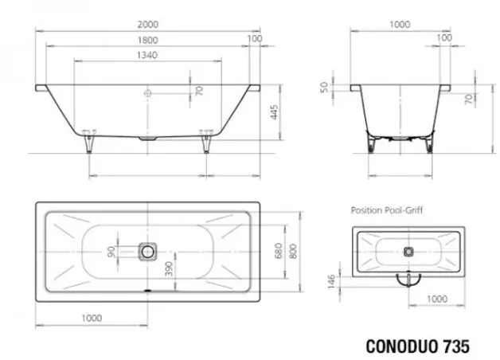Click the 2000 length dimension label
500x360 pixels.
click(x=147, y=24)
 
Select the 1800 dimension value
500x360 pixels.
click(x=147, y=40)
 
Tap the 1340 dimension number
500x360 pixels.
click(x=147, y=55)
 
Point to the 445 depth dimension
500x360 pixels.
click(x=274, y=112)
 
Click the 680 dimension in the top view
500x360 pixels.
click(x=279, y=251)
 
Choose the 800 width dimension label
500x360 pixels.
click(x=293, y=251)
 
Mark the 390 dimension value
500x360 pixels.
click(x=169, y=268)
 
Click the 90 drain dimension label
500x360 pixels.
click(x=111, y=252)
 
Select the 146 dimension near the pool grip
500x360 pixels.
click(x=332, y=281)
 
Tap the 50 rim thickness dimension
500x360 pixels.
click(x=324, y=87)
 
